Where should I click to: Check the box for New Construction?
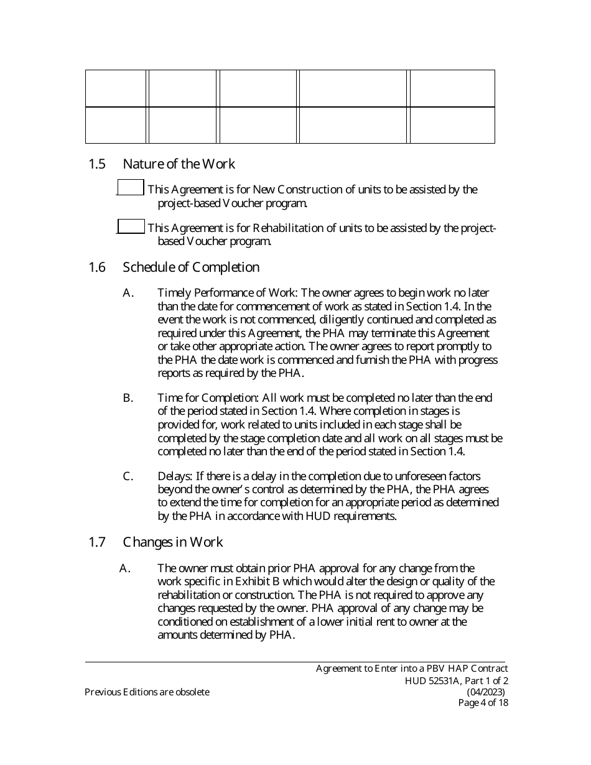[x=131, y=187]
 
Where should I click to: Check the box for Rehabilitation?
[x=131, y=226]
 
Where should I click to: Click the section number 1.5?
[x=96, y=164]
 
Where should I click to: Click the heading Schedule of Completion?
[x=191, y=267]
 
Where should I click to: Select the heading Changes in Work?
[x=172, y=542]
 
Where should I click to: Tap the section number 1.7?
[x=96, y=542]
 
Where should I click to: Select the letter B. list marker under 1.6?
[x=128, y=398]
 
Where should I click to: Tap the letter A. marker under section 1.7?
[x=124, y=568]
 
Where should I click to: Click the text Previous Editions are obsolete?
[x=147, y=692]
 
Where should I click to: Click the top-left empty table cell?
[x=116, y=88]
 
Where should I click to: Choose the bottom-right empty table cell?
[x=452, y=126]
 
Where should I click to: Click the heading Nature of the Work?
[x=179, y=164]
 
